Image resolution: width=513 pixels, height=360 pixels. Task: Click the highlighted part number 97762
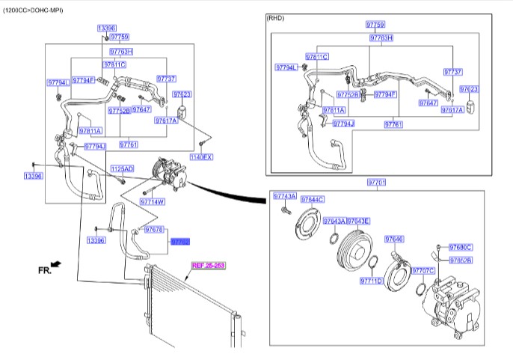[x=180, y=242]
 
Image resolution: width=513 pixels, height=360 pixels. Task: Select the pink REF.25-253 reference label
[x=208, y=265]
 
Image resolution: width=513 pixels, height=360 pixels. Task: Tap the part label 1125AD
[x=122, y=169]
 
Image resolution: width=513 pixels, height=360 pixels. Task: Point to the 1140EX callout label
[x=201, y=157]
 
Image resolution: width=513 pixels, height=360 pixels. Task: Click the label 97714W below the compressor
[x=153, y=202]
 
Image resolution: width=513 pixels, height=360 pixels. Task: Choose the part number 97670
[x=154, y=229]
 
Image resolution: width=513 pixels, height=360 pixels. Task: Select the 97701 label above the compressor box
[x=376, y=183]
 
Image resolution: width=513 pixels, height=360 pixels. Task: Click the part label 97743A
[x=285, y=196]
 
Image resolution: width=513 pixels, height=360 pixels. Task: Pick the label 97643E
[x=357, y=221]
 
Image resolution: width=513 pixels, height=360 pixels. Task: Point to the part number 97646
[x=394, y=239]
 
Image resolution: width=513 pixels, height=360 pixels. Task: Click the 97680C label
[x=461, y=247]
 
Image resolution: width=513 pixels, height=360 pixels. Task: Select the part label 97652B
[x=461, y=260]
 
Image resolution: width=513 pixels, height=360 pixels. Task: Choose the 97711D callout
[x=371, y=281]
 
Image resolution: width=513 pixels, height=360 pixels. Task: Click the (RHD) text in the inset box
[x=276, y=18]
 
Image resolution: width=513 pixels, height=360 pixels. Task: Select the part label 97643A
[x=334, y=221]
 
